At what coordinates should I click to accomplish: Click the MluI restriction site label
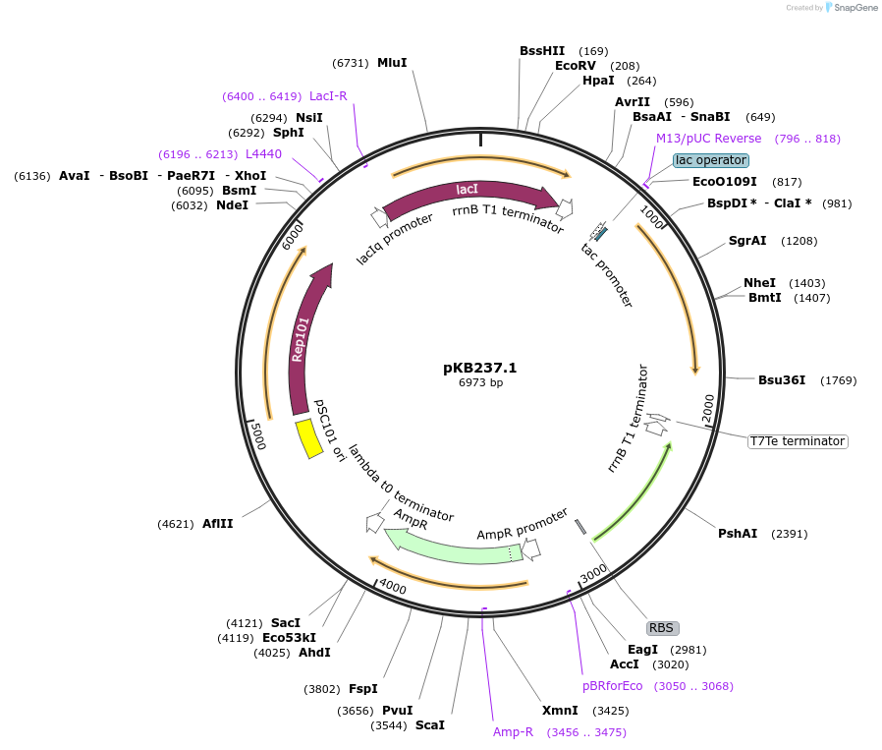click(392, 62)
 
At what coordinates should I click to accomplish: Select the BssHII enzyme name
click(542, 51)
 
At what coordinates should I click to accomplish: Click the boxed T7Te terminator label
click(797, 441)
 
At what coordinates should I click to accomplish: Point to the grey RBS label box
click(662, 627)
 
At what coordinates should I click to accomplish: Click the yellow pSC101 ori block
click(309, 438)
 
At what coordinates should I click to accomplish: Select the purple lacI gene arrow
click(471, 194)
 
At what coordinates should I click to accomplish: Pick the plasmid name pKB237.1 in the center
click(479, 368)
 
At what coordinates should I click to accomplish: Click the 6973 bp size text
click(480, 383)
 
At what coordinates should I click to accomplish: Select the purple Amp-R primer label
click(513, 732)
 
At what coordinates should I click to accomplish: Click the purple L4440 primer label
click(263, 154)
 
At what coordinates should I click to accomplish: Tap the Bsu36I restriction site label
click(782, 380)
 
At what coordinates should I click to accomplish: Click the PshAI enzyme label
click(738, 534)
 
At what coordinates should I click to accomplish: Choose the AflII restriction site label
click(218, 524)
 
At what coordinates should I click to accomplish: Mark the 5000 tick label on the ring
click(257, 434)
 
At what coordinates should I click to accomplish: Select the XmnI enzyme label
click(560, 711)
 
